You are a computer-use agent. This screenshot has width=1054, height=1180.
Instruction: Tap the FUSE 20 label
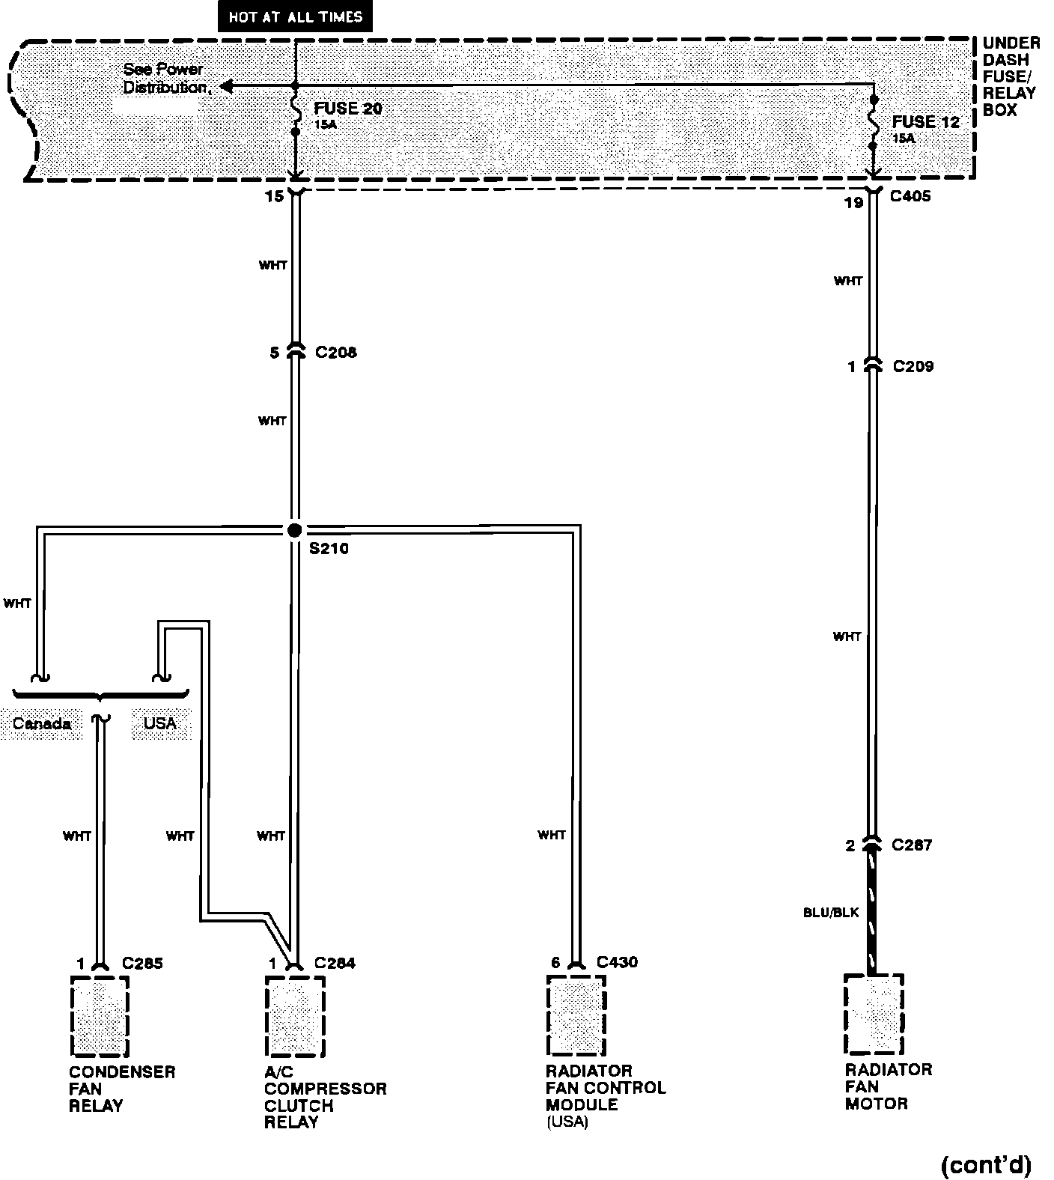pos(347,109)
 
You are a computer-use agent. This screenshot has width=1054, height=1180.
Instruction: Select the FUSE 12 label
pos(925,122)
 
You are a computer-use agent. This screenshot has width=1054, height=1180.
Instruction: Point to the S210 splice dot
pos(295,530)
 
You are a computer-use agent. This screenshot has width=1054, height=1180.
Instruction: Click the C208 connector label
pos(335,352)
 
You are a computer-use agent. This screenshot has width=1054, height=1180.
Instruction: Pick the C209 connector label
pos(913,366)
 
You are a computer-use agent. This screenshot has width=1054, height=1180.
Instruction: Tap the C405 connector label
pos(910,198)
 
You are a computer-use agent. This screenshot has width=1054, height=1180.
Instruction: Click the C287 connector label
pos(912,845)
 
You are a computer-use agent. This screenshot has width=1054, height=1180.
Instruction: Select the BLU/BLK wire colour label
pos(831,912)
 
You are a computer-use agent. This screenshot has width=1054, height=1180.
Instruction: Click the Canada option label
pos(42,723)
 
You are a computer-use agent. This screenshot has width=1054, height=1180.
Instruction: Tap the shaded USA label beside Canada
pos(160,723)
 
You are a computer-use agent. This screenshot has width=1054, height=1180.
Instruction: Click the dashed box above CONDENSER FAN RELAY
pos(100,1015)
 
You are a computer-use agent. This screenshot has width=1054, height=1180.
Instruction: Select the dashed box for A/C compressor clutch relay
pos(295,1015)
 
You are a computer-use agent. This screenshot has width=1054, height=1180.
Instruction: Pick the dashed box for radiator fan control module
pos(576,1015)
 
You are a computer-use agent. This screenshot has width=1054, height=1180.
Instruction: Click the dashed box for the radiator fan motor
pos(874,1014)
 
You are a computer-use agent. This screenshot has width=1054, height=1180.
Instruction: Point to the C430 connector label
pos(617,962)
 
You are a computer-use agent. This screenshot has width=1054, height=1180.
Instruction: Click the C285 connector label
pos(142,963)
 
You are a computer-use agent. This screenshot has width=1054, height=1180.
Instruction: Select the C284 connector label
pos(335,963)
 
